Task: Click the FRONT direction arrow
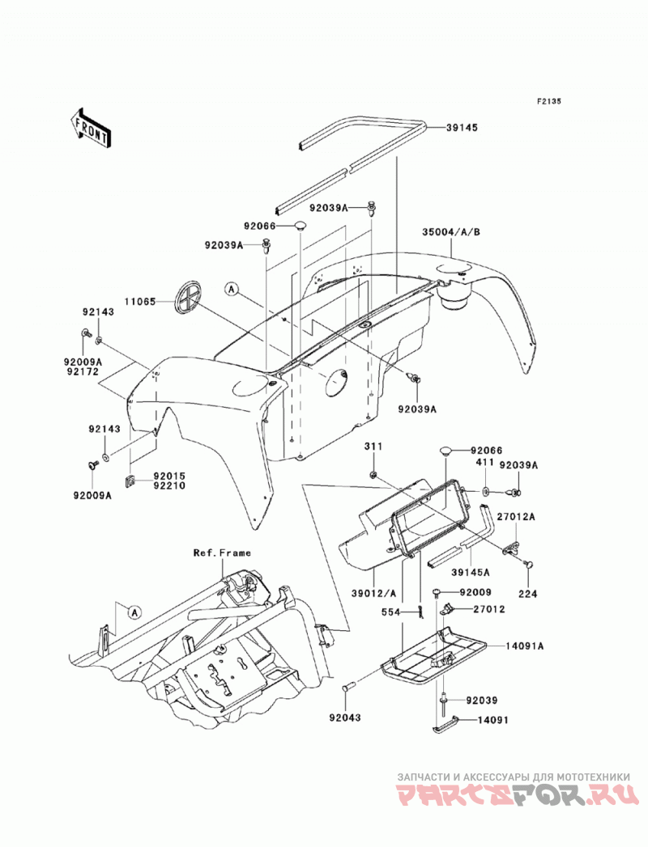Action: [91, 127]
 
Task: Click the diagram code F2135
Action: [549, 101]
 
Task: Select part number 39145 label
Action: [462, 128]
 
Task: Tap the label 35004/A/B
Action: [452, 232]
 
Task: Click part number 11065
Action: [141, 302]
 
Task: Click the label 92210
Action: [170, 485]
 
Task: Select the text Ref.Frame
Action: [222, 553]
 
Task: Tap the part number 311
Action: [373, 447]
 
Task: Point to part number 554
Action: [390, 612]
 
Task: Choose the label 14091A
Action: [525, 646]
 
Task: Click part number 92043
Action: [344, 718]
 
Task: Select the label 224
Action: [528, 594]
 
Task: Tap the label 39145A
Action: [471, 573]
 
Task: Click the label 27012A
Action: [517, 517]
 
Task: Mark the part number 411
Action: [484, 463]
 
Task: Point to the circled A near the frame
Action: [135, 612]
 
